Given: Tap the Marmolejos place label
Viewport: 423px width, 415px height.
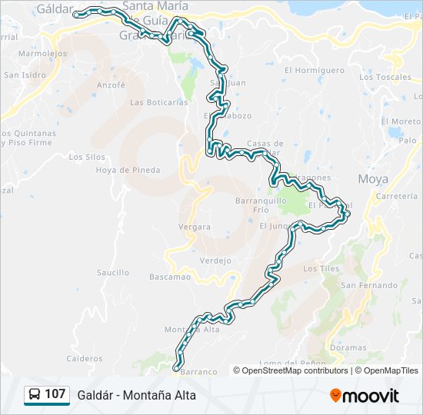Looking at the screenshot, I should coord(42,54).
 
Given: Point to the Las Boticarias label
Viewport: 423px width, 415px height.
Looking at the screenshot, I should coord(159,102).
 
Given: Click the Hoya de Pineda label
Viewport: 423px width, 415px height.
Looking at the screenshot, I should coord(128,170).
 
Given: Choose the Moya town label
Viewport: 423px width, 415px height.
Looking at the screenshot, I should coord(374,179).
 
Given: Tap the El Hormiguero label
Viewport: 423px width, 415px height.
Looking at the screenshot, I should coord(314,70).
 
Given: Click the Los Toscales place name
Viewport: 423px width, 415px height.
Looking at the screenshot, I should coord(385,77).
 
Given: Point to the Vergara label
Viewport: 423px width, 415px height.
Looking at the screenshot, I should coord(194,227).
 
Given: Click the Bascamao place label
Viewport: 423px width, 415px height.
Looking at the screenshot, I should coord(170,276).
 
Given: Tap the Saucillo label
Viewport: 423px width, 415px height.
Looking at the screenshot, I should coord(113,272).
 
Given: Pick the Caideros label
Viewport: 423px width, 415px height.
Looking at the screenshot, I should coord(84,358).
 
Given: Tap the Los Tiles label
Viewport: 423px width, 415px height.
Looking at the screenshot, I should coord(321,268).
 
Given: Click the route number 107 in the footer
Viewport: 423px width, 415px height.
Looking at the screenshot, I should coord(55,394).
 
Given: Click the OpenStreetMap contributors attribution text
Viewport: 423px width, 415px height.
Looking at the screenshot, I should coord(295,370).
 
